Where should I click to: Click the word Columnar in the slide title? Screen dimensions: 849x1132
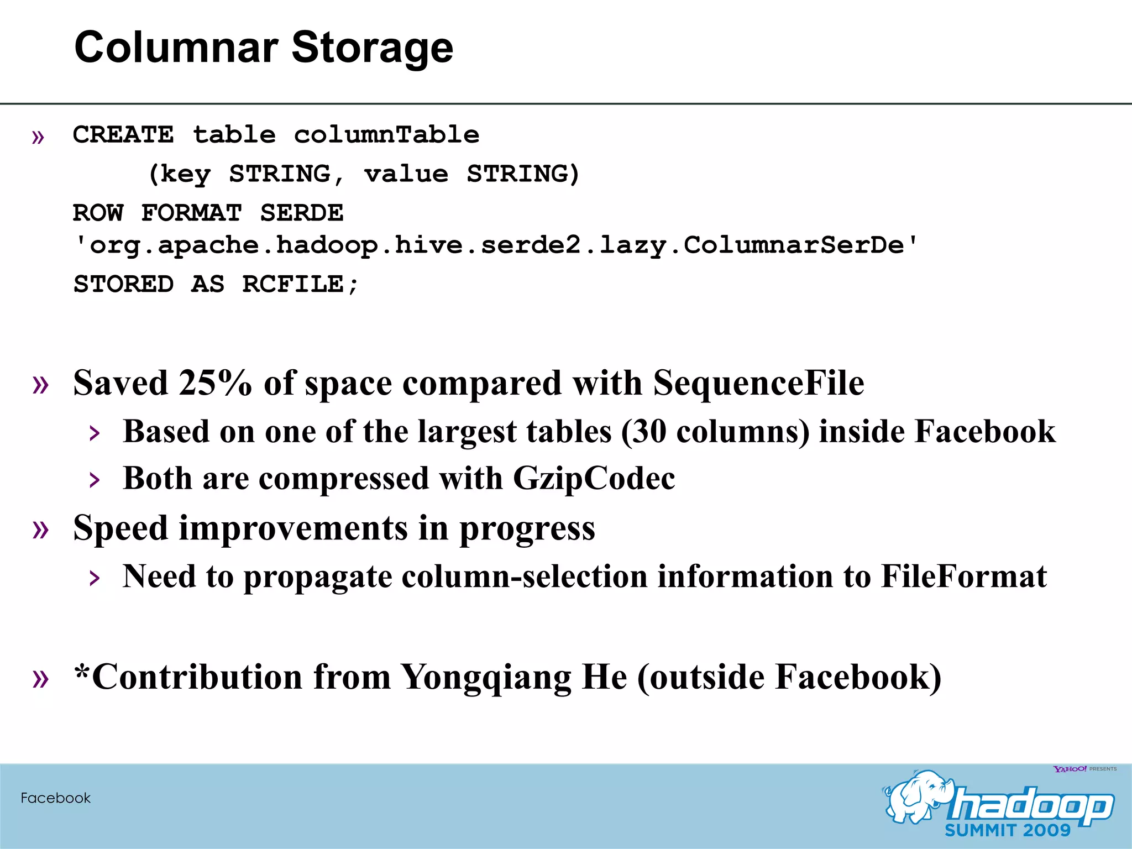click(x=176, y=48)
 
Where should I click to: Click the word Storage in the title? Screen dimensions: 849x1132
click(x=372, y=48)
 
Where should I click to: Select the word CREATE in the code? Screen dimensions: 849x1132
click(x=123, y=135)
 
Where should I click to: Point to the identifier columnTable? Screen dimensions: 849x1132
click(x=386, y=135)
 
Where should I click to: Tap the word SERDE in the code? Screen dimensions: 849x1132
click(x=302, y=213)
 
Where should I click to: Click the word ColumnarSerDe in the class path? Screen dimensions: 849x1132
click(x=794, y=245)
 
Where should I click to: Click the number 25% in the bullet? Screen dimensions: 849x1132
click(x=215, y=382)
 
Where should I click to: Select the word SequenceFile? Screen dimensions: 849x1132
click(x=758, y=382)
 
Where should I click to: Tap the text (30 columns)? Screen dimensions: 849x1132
click(x=715, y=431)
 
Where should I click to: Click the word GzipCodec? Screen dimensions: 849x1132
click(x=594, y=478)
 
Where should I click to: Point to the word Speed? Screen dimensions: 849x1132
click(x=120, y=528)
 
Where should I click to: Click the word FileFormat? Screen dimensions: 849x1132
click(x=963, y=577)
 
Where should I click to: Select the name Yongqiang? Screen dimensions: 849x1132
click(x=485, y=677)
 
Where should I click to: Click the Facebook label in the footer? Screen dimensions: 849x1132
click(x=55, y=798)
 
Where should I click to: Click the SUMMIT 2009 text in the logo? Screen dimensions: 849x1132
click(x=1008, y=830)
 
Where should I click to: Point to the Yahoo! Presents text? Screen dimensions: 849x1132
click(x=1084, y=769)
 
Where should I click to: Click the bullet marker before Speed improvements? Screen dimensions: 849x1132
click(x=40, y=529)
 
